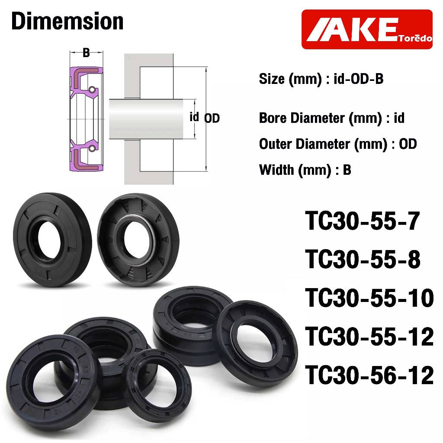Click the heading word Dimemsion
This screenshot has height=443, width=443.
click(67, 21)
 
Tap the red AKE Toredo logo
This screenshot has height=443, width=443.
click(367, 29)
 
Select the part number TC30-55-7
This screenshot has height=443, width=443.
click(363, 221)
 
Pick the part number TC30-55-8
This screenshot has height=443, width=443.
click(363, 260)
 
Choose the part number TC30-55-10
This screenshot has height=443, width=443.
click(369, 298)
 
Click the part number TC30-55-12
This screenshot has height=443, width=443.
click(369, 337)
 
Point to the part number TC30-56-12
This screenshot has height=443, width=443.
click(369, 375)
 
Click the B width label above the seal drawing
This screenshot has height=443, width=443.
click(86, 52)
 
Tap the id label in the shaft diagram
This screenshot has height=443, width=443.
click(194, 117)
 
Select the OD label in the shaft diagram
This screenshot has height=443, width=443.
click(212, 119)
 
